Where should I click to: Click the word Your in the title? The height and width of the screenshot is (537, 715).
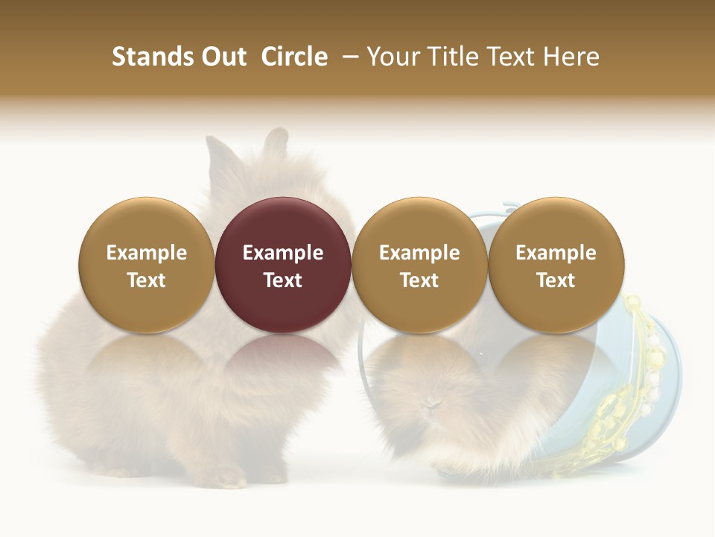pyautogui.click(x=393, y=57)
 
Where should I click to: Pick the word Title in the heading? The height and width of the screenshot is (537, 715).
pyautogui.click(x=450, y=57)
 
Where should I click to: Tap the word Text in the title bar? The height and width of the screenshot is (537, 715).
pyautogui.click(x=506, y=57)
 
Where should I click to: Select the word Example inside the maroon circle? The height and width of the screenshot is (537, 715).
pyautogui.click(x=283, y=253)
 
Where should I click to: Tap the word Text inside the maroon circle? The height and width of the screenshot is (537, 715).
pyautogui.click(x=283, y=280)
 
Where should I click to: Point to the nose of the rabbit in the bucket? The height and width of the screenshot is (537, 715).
pyautogui.click(x=430, y=403)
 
